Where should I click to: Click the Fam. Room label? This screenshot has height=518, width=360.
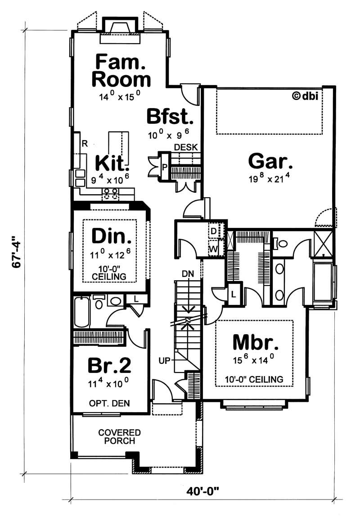click(x=121, y=70)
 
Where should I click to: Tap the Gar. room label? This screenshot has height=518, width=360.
click(x=270, y=160)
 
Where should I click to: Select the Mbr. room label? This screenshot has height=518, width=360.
click(x=255, y=343)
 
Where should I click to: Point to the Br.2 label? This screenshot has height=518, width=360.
click(x=109, y=366)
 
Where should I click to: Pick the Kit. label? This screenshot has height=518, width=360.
click(x=112, y=162)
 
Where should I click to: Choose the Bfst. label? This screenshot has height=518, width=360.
click(x=171, y=117)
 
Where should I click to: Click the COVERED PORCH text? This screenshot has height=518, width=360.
click(x=119, y=436)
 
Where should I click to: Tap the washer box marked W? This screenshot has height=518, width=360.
click(x=213, y=248)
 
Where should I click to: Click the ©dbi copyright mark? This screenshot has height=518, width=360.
click(x=306, y=95)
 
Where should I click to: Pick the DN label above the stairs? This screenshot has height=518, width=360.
click(x=188, y=273)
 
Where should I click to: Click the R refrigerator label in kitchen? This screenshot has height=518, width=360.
click(x=84, y=144)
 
